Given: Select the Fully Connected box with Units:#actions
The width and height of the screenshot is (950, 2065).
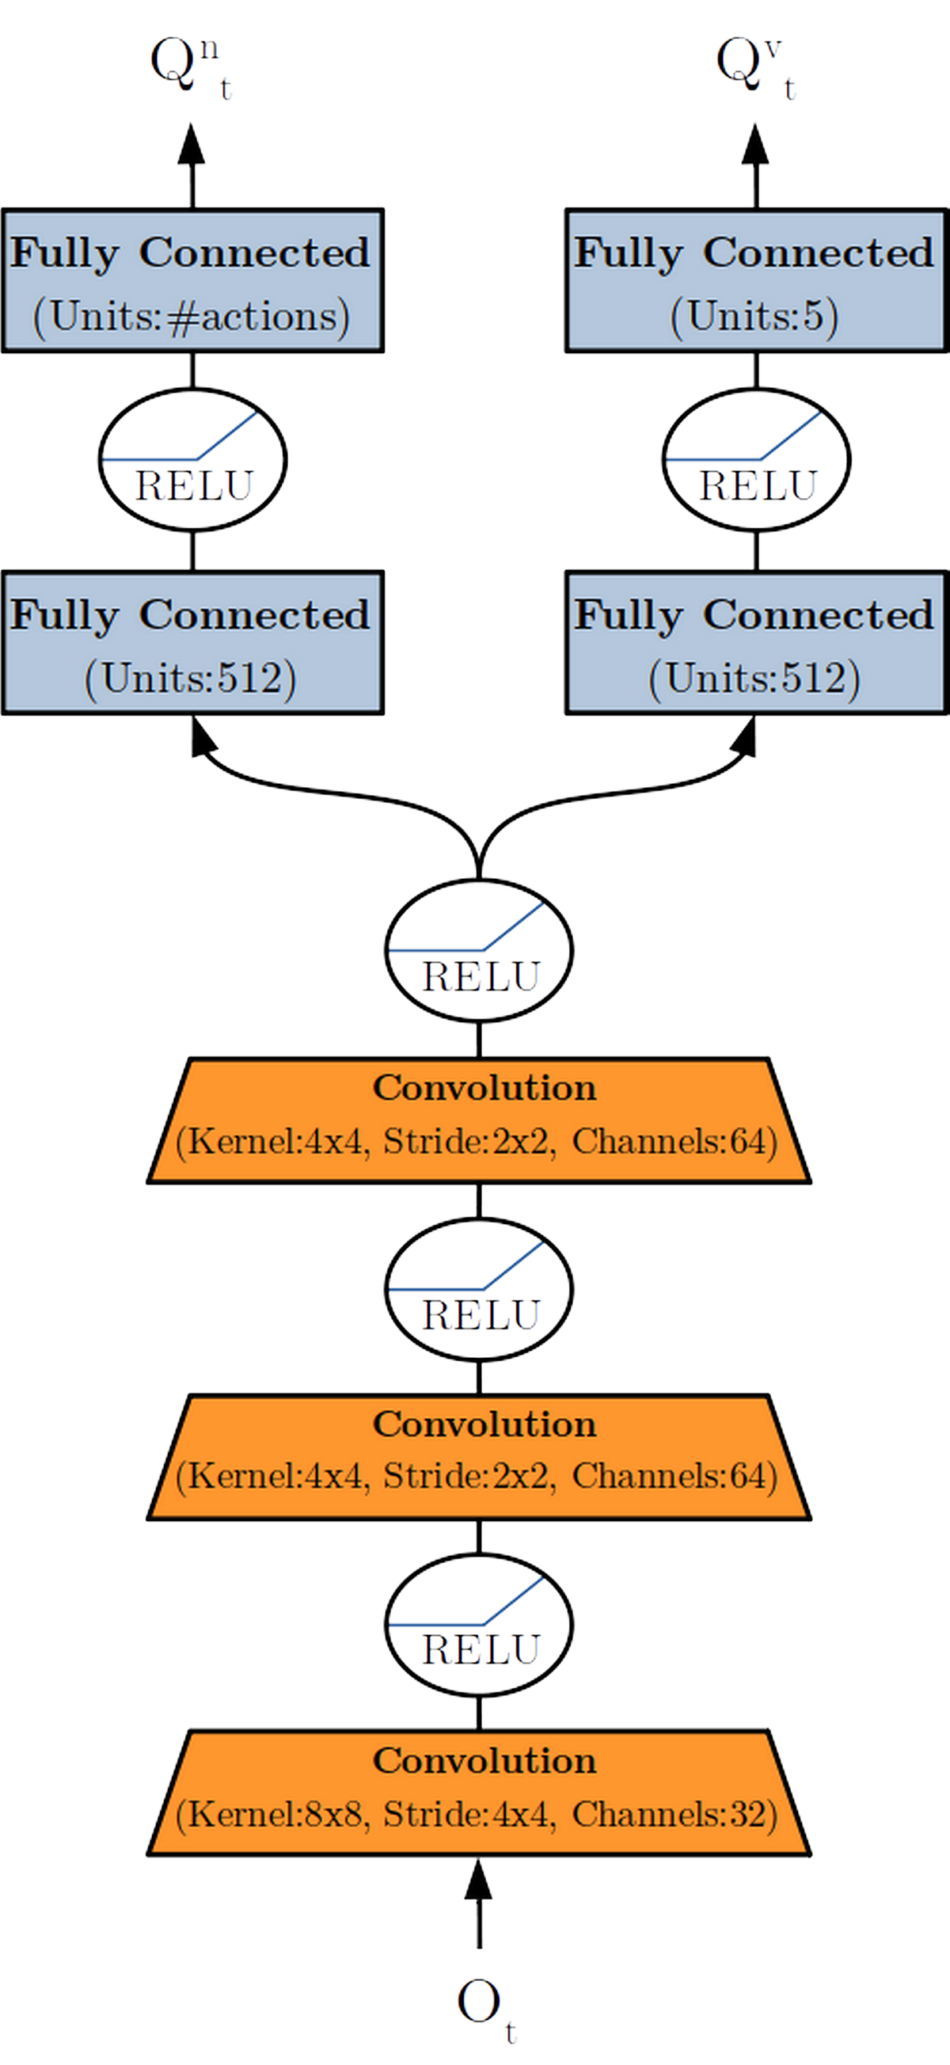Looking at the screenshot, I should click(192, 280).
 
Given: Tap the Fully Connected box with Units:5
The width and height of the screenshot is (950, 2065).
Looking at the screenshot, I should click(756, 280).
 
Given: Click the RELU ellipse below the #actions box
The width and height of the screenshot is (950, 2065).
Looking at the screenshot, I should click(192, 459).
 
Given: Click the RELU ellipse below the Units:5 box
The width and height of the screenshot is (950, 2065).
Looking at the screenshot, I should click(756, 459).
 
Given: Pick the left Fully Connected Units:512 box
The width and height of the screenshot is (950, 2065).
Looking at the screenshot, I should click(192, 643).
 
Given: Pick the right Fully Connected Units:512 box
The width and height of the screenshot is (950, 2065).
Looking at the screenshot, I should click(756, 643).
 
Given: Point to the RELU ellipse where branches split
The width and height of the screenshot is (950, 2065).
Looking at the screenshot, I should click(479, 950).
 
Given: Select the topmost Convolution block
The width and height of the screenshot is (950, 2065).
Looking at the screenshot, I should click(479, 1120).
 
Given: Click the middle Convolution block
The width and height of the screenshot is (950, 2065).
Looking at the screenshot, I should click(479, 1457).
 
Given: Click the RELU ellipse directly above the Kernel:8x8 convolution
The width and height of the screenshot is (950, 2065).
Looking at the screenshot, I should click(479, 1625).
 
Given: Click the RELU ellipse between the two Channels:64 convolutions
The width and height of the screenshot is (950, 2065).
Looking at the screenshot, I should click(479, 1289).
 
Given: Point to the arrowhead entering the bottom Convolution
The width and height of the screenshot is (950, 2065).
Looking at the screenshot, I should click(479, 1880).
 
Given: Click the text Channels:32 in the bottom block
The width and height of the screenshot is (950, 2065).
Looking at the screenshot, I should click(674, 1814).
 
